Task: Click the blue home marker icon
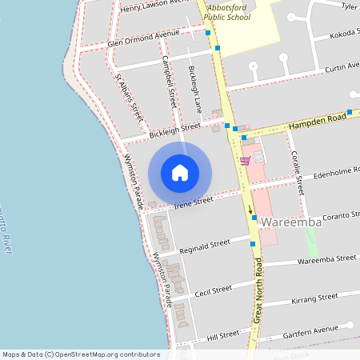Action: click(x=180, y=172)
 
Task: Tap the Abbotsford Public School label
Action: click(x=228, y=11)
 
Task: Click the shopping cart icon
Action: click(x=245, y=160)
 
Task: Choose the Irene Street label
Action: click(x=194, y=202)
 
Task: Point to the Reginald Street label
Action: click(x=205, y=245)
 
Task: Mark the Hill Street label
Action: click(x=223, y=334)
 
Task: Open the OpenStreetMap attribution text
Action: click(x=81, y=354)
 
